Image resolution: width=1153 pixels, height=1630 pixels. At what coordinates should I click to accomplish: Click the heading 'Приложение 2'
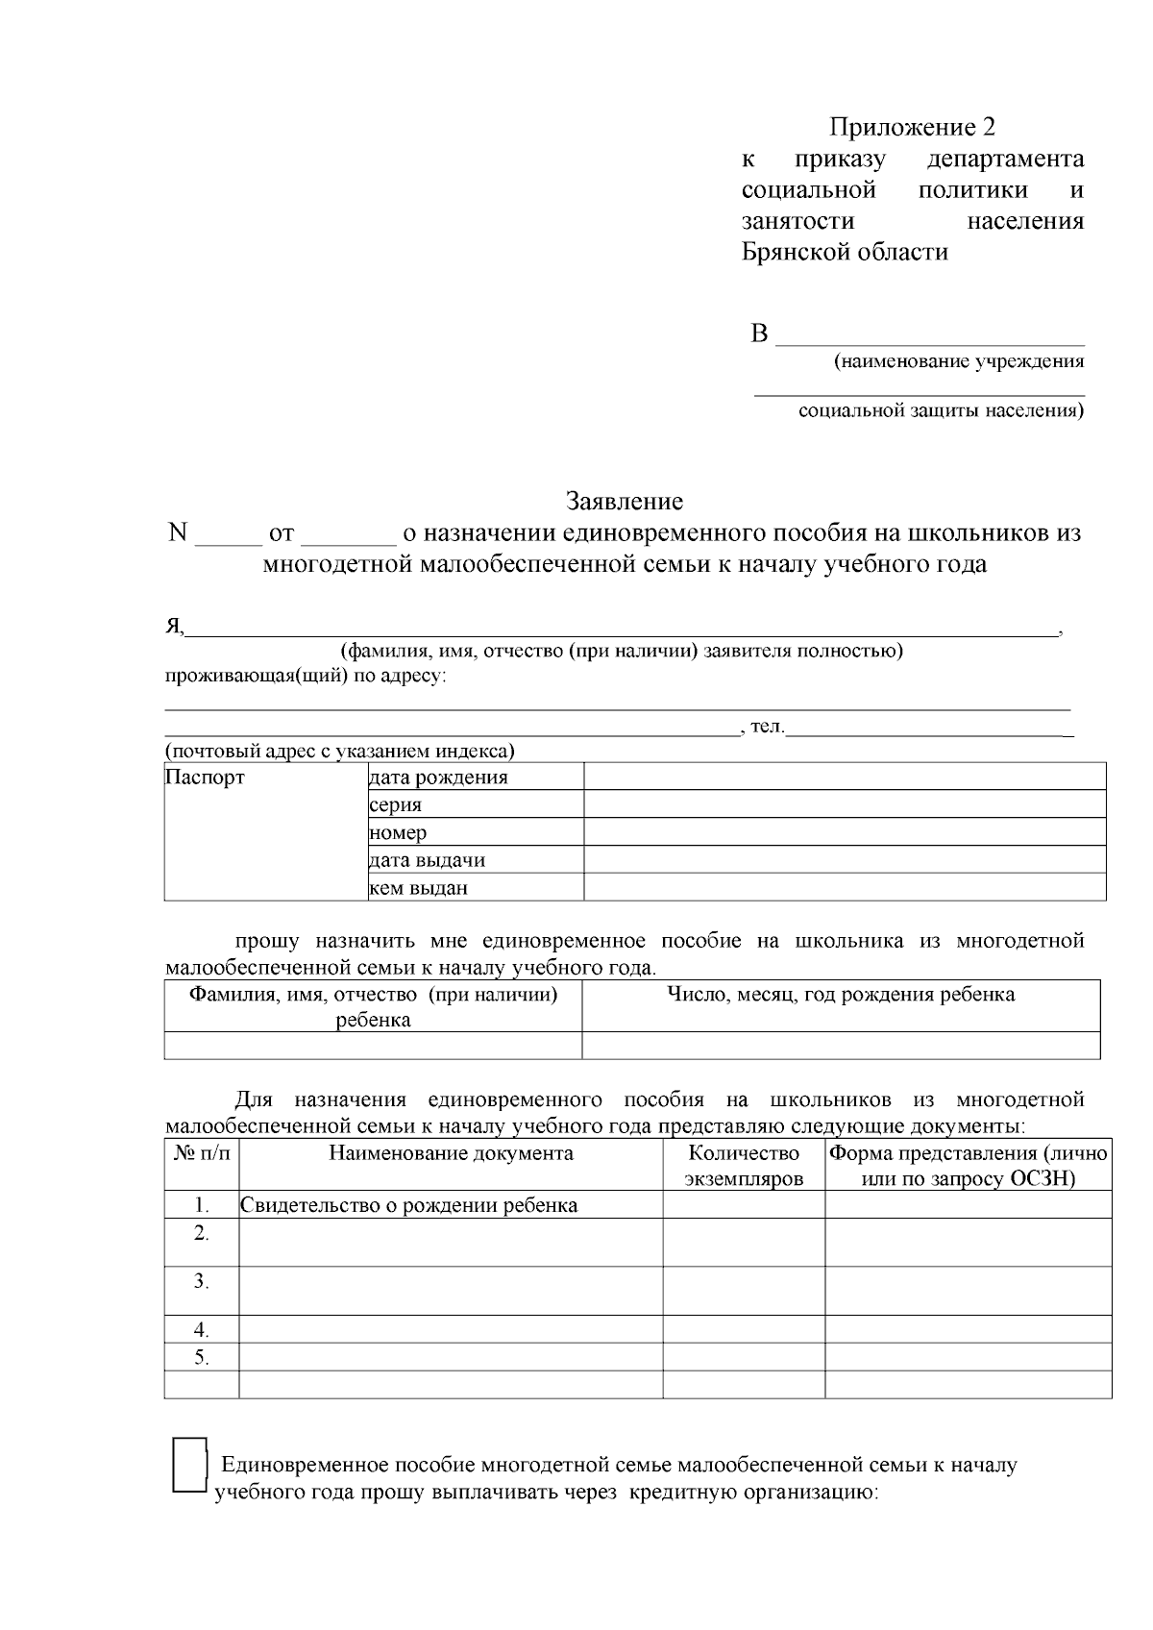(x=912, y=127)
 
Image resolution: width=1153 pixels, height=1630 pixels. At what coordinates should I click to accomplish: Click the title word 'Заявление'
(x=625, y=501)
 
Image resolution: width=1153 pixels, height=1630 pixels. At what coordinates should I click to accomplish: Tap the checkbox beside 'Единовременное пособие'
(x=190, y=1465)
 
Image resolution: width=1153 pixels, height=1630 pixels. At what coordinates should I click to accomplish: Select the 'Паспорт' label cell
(x=205, y=777)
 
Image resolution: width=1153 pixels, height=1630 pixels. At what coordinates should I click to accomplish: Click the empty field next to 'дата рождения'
(x=844, y=777)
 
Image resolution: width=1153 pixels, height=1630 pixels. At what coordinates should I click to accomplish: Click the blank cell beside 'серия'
(x=844, y=804)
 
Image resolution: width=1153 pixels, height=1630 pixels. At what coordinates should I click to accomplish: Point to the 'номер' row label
(x=398, y=832)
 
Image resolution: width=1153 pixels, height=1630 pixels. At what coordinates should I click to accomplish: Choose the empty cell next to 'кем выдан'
(x=844, y=887)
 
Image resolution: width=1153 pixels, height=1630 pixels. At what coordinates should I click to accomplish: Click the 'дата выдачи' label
(x=427, y=860)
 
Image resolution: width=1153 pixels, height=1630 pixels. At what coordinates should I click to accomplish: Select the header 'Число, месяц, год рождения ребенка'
(x=841, y=995)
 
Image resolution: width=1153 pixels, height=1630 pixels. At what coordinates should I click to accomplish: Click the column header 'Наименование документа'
(x=451, y=1153)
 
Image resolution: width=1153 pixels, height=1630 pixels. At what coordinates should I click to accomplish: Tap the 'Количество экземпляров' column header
(x=744, y=1166)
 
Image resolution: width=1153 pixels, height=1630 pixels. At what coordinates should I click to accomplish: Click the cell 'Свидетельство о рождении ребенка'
(x=409, y=1205)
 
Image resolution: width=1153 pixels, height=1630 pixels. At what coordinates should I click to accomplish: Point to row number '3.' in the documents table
(x=201, y=1281)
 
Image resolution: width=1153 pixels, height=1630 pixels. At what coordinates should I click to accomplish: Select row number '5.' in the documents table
(x=201, y=1357)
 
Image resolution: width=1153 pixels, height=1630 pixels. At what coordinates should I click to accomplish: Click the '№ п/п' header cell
(x=202, y=1153)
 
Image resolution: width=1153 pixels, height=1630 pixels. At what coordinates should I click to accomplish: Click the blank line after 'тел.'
(x=928, y=729)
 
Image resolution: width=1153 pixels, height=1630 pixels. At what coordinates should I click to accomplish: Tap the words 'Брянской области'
(x=845, y=253)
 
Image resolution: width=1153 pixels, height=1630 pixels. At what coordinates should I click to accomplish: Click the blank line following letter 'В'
(x=929, y=336)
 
